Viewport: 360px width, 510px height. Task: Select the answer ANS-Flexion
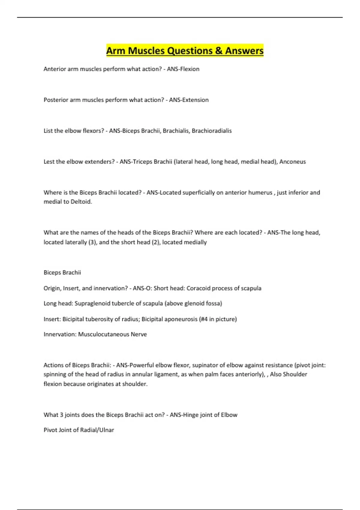pyautogui.click(x=183, y=69)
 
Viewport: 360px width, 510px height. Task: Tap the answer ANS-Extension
pyautogui.click(x=189, y=100)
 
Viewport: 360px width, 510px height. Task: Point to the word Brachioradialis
pyautogui.click(x=211, y=131)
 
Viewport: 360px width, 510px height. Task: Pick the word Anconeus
pyautogui.click(x=292, y=162)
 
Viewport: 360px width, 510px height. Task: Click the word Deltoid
pyautogui.click(x=81, y=202)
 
